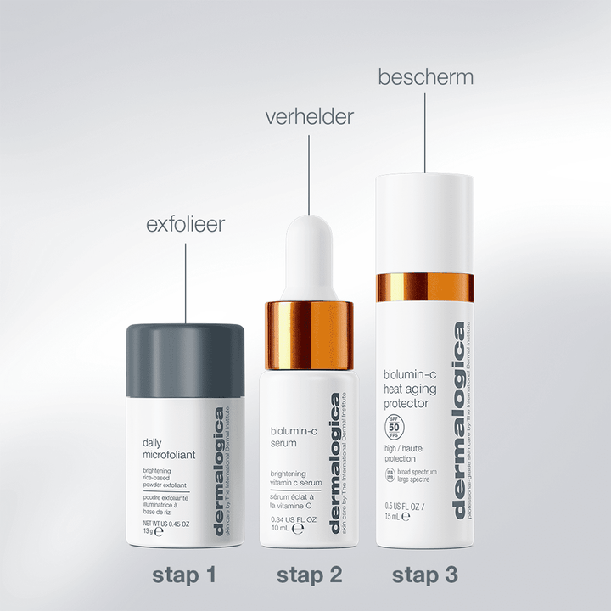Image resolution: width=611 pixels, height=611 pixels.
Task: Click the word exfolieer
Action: click(x=186, y=226)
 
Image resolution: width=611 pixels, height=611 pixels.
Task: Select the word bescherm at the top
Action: click(x=425, y=78)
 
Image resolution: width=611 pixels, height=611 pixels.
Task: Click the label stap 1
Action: click(x=185, y=575)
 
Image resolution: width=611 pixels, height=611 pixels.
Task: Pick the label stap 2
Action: click(x=309, y=575)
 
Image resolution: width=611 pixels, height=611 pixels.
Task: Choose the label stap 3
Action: click(x=425, y=575)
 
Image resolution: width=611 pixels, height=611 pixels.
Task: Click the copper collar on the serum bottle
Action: click(x=309, y=334)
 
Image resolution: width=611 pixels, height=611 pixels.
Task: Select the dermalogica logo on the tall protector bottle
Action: click(x=459, y=420)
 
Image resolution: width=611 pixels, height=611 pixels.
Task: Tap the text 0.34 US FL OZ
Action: click(x=294, y=520)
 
